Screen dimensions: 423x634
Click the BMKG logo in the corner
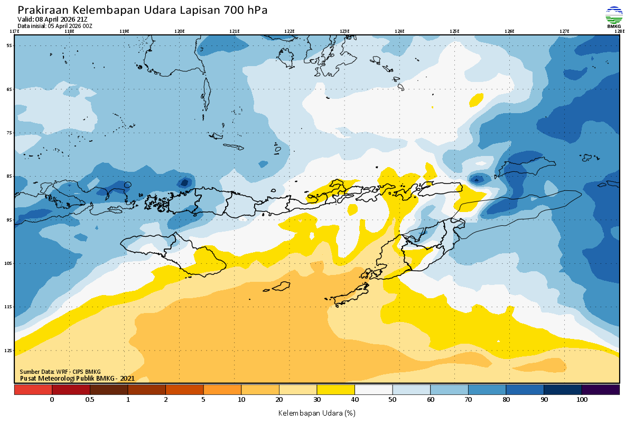pos(614,16)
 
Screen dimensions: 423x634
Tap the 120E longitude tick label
pos(180,31)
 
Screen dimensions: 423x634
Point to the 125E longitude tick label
pos(454,31)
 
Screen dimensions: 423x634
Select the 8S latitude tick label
pos(10,176)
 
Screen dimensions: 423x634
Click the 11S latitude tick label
pos(10,307)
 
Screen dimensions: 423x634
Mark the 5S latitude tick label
pos(10,45)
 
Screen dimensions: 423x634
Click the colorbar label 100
pos(582,400)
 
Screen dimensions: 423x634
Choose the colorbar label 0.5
pos(90,400)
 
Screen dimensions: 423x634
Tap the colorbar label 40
pos(355,400)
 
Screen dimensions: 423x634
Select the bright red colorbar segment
pos(33,390)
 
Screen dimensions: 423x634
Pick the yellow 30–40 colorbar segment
pos(335,390)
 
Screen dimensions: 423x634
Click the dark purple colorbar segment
pos(600,390)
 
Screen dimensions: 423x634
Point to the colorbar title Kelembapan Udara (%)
pos(316,412)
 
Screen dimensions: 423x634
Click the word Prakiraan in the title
pos(43,11)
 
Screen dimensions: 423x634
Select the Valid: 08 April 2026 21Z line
pos(52,20)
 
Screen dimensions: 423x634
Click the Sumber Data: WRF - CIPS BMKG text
pos(60,372)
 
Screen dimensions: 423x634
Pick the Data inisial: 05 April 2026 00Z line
pos(55,25)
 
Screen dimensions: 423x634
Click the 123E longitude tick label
pos(344,31)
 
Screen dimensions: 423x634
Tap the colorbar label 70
pos(468,400)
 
